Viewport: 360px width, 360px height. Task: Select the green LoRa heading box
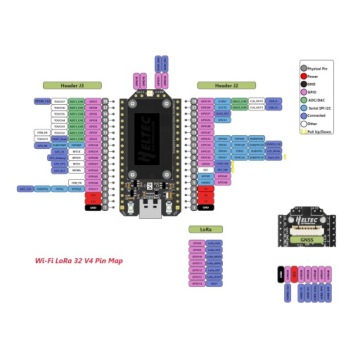coord(200,228)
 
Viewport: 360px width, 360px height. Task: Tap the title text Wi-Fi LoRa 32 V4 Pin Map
coord(79,261)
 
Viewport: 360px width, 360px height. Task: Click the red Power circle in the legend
coord(304,73)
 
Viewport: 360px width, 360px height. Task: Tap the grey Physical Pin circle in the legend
coord(304,65)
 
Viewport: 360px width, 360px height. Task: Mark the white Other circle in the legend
coord(304,124)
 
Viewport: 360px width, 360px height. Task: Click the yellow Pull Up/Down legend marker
coord(303,131)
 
